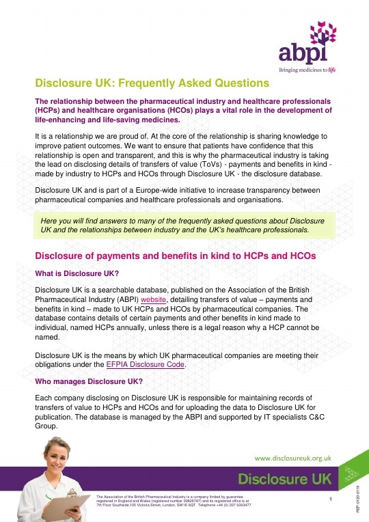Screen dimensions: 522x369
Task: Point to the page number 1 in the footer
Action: (330, 499)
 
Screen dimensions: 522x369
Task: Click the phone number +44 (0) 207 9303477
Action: (229, 505)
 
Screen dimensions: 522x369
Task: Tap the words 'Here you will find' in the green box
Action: (68, 220)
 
